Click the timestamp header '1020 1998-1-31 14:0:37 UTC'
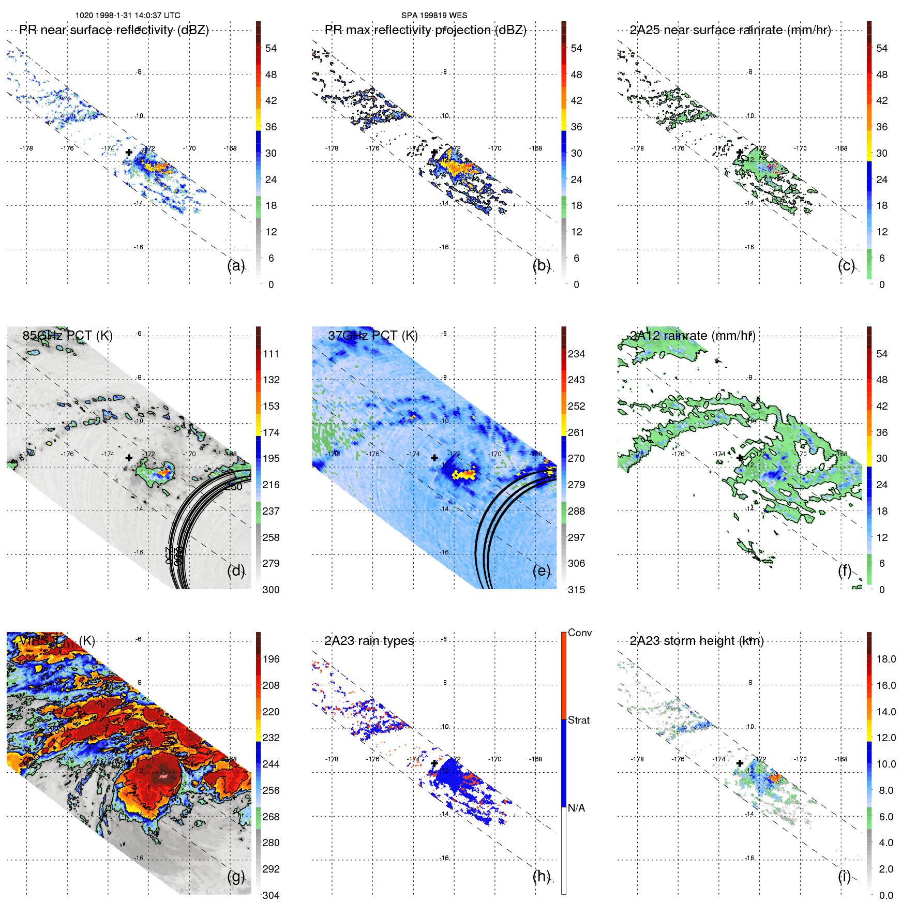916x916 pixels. pos(128,16)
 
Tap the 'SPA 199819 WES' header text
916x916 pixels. pos(434,16)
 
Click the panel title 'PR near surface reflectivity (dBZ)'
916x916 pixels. pos(114,30)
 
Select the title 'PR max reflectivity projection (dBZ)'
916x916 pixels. pos(425,30)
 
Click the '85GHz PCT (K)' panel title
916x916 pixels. pos(67,336)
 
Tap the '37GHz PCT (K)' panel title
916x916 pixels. pos(372,336)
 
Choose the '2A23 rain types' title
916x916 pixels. pos(369,641)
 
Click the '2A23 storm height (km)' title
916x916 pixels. pos(696,641)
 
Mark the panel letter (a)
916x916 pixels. pos(235,266)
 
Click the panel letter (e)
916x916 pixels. pos(541,571)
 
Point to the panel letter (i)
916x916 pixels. pos(844,876)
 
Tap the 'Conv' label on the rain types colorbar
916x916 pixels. pos(579,633)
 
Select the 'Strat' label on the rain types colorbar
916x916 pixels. pos(578,720)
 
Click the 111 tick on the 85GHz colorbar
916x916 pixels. pos(271,354)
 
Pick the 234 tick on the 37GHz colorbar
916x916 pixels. pos(576,354)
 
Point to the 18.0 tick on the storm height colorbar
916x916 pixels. pos(885,659)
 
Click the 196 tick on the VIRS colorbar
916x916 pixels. pos(271,659)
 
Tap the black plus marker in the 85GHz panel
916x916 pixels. pos(129,458)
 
